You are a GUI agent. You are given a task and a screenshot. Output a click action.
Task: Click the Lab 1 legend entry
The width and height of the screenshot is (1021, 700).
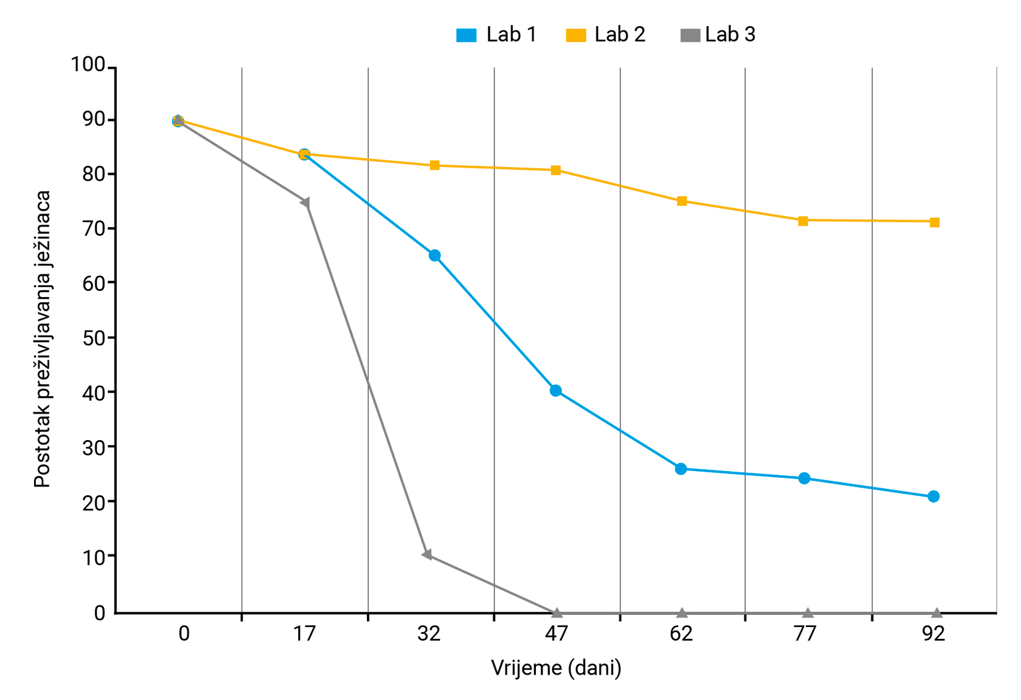pos(496,35)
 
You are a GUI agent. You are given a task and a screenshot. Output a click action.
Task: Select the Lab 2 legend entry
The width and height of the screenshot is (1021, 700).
pos(606,35)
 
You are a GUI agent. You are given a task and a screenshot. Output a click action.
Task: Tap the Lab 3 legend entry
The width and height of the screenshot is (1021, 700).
pos(718,35)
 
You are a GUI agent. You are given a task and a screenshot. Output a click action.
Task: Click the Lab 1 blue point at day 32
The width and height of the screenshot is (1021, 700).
pos(434,256)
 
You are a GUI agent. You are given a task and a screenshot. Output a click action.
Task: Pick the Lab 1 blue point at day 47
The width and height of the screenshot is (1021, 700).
pos(556,391)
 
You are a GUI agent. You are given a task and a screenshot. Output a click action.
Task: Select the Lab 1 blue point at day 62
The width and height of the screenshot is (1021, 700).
pos(681,469)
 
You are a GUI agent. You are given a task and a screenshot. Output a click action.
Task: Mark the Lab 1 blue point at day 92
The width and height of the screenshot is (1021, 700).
pos(934,496)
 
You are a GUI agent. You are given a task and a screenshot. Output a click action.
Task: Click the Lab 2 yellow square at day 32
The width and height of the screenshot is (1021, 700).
pos(434,165)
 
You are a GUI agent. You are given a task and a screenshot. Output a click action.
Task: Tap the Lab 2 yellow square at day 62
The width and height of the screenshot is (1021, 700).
pos(682,201)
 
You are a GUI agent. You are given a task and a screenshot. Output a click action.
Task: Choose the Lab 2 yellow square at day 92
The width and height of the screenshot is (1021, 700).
pos(935,222)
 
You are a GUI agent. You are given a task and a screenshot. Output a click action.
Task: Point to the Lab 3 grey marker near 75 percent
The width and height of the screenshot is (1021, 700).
pos(305,202)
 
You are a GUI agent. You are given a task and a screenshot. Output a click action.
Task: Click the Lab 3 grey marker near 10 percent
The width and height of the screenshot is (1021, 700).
pos(427,555)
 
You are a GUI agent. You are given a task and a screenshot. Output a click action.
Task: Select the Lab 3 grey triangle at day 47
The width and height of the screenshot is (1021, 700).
pos(557,613)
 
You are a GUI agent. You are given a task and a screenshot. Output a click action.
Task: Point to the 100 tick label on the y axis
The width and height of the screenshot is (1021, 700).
pos(88,64)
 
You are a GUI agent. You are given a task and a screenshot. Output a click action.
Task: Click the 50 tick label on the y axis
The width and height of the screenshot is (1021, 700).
pos(93,338)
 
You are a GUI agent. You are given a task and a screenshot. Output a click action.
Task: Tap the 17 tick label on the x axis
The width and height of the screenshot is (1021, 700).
pos(304,634)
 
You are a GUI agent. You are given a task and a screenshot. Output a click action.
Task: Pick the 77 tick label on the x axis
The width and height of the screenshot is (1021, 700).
pos(805,634)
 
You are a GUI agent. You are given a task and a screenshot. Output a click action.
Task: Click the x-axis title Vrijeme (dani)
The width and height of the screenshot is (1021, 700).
pos(556,668)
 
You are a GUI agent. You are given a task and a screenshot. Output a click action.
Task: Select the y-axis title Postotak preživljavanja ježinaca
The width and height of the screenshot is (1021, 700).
pos(42,339)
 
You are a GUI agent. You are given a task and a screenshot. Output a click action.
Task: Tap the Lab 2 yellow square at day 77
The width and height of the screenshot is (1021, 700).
pos(803,221)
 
